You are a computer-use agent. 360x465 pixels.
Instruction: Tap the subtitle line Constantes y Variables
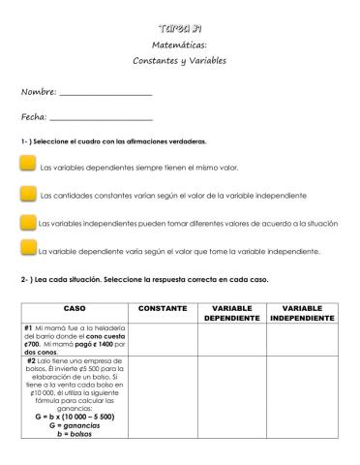pyautogui.click(x=179, y=60)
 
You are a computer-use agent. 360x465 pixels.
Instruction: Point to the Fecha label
pyautogui.click(x=34, y=116)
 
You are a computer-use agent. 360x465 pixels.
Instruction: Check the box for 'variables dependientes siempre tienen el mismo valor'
pyautogui.click(x=27, y=167)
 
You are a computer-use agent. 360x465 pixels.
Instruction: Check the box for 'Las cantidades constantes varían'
pyautogui.click(x=27, y=194)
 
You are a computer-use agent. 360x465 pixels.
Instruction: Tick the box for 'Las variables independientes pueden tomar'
pyautogui.click(x=27, y=222)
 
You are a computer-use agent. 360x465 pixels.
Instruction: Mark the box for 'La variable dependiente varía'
pyautogui.click(x=27, y=249)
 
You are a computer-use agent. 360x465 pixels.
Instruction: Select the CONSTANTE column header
pyautogui.click(x=163, y=308)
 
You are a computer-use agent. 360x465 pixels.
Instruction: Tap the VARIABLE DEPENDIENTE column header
pyautogui.click(x=232, y=313)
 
